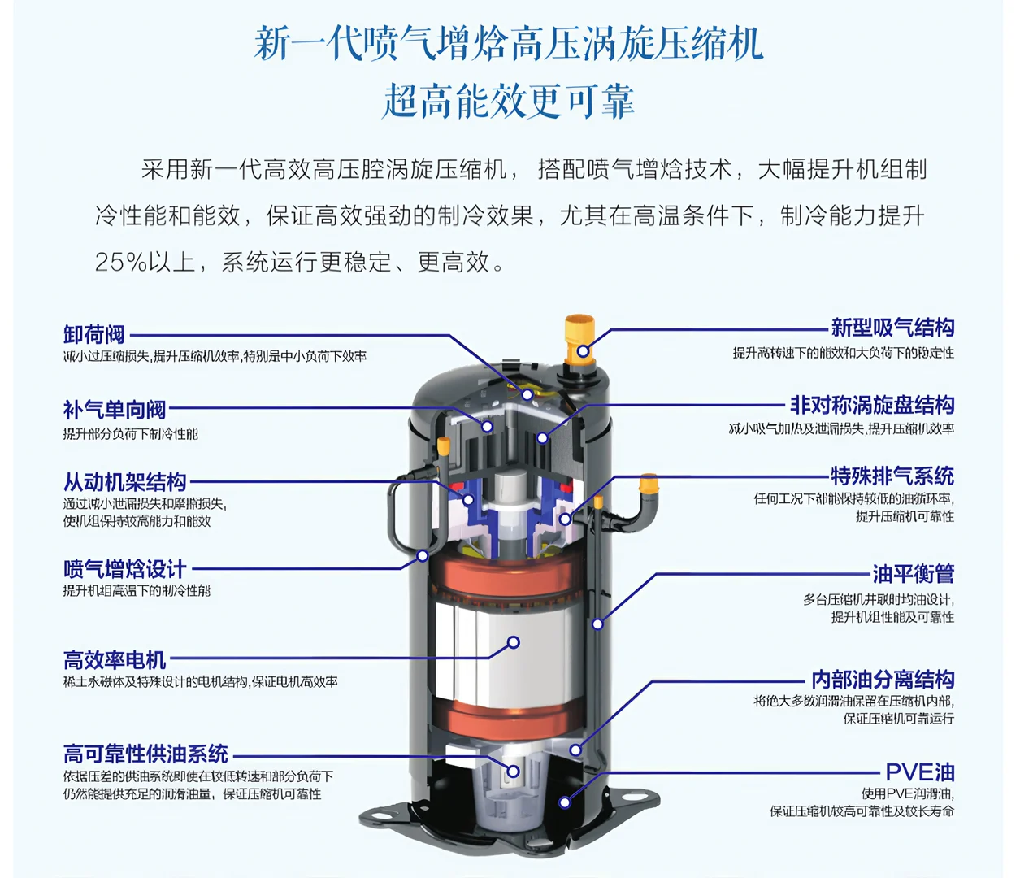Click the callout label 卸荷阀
click(x=94, y=334)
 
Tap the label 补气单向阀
click(x=115, y=410)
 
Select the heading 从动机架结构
click(x=125, y=482)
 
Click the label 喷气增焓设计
click(x=125, y=569)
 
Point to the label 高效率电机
click(x=115, y=659)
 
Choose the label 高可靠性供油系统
click(x=146, y=754)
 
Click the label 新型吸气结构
click(x=892, y=328)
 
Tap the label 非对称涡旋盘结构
click(x=872, y=404)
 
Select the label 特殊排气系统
click(x=892, y=476)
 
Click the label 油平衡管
click(x=913, y=574)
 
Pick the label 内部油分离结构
click(x=883, y=679)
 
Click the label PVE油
click(x=919, y=772)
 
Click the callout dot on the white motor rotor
click(x=513, y=642)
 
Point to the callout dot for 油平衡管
click(x=597, y=624)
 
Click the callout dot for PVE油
click(x=565, y=802)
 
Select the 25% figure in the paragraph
click(x=120, y=262)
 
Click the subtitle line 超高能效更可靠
click(x=509, y=102)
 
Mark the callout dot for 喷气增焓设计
click(x=423, y=555)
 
